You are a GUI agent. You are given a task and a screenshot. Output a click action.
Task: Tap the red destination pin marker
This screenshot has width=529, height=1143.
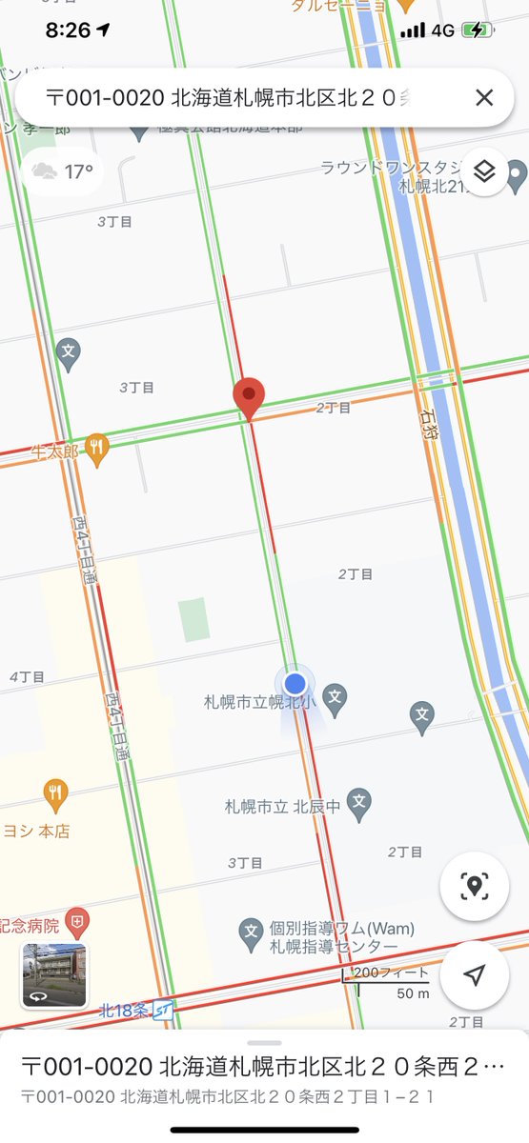pos(249,396)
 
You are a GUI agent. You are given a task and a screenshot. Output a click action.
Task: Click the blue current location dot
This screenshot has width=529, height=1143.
pos(295,683)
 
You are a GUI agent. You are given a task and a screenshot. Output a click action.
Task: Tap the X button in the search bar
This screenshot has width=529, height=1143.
pos(484,97)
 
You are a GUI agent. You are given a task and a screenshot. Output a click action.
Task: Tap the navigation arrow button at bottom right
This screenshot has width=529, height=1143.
pos(474,975)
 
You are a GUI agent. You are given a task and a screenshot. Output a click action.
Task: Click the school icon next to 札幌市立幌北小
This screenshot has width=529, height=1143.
pos(335,698)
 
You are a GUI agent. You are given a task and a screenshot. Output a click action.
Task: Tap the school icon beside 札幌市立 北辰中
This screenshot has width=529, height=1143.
pos(358,803)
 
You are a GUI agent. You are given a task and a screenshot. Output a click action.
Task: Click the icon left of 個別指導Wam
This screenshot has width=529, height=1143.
pos(251,930)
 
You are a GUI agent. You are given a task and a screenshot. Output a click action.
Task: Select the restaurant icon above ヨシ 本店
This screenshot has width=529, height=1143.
pos(56,792)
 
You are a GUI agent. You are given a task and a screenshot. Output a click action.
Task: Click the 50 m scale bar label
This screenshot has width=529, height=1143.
pos(413,993)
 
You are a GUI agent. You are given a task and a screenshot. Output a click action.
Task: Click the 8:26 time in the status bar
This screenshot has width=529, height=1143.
pos(68,30)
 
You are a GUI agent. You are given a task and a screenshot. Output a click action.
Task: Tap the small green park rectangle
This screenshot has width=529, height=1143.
pos(193,619)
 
